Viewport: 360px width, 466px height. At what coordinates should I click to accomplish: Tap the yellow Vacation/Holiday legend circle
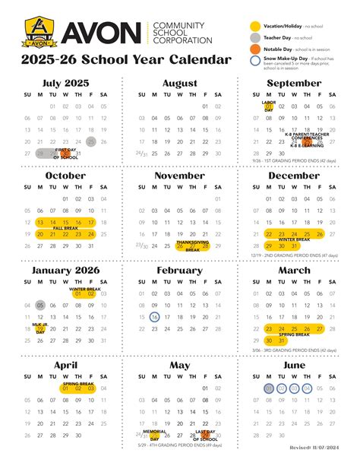pyautogui.click(x=255, y=26)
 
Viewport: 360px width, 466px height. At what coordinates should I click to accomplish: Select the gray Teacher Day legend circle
pyautogui.click(x=255, y=38)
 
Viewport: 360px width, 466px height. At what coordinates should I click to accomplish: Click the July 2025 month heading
pyautogui.click(x=65, y=82)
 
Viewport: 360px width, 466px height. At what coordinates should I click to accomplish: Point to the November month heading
pyautogui.click(x=179, y=175)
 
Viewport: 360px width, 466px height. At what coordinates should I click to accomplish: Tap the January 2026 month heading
pyautogui.click(x=65, y=270)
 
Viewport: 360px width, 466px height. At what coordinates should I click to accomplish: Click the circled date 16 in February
pyautogui.click(x=154, y=317)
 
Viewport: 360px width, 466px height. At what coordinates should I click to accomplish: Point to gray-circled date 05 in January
pyautogui.click(x=40, y=305)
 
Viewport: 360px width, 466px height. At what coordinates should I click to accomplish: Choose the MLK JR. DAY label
pyautogui.click(x=40, y=328)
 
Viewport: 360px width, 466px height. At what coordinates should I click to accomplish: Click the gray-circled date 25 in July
pyautogui.click(x=91, y=141)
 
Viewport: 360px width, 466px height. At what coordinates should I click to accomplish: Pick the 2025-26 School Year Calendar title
pyautogui.click(x=126, y=59)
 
